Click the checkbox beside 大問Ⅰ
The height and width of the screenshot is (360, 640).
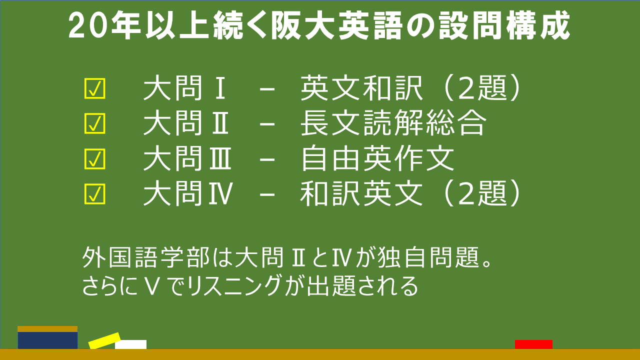pyautogui.click(x=95, y=88)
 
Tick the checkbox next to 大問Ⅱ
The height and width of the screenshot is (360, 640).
pyautogui.click(x=95, y=123)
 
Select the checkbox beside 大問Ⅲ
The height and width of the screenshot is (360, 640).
pyautogui.click(x=95, y=159)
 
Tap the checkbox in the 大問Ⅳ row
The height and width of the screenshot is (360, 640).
pyautogui.click(x=95, y=194)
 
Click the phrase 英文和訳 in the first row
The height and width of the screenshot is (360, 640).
pyautogui.click(x=361, y=88)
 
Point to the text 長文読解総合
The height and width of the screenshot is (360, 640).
pyautogui.click(x=393, y=123)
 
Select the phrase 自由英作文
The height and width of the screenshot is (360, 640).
pyautogui.click(x=377, y=158)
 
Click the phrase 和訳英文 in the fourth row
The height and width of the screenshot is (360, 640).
pyautogui.click(x=361, y=193)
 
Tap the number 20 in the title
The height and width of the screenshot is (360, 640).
pyautogui.click(x=89, y=25)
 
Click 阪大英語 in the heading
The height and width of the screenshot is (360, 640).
pyautogui.click(x=337, y=25)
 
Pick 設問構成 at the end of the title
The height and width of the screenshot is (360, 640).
pyautogui.click(x=504, y=25)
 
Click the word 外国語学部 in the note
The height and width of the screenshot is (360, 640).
pyautogui.click(x=146, y=257)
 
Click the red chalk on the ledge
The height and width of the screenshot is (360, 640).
pyautogui.click(x=533, y=344)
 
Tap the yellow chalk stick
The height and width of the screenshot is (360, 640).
pyautogui.click(x=104, y=340)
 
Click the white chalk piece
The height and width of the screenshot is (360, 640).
pyautogui.click(x=131, y=344)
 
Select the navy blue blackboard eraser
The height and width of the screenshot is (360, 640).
pyautogui.click(x=47, y=337)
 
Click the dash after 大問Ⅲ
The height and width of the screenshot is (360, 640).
pyautogui.click(x=267, y=159)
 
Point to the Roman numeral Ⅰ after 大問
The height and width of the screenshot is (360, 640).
pyautogui.click(x=220, y=89)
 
